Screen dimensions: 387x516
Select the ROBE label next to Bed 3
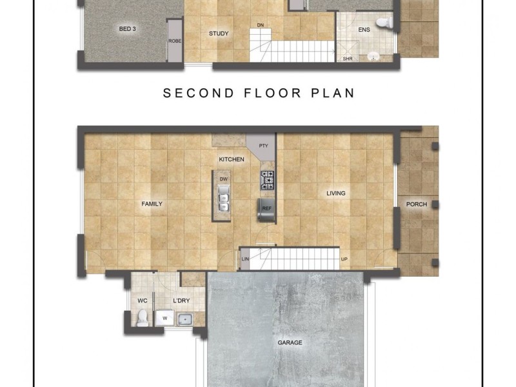tap(175, 41)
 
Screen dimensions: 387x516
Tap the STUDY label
tap(219, 34)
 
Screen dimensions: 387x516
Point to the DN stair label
tap(261, 25)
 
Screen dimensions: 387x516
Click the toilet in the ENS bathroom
tap(385, 23)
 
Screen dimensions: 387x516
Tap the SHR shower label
tap(348, 58)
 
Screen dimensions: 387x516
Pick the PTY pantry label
tap(263, 146)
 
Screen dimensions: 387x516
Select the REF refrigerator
tap(266, 208)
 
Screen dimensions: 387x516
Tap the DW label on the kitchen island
tap(223, 179)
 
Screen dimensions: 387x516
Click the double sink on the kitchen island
tap(223, 199)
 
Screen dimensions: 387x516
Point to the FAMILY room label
tap(152, 204)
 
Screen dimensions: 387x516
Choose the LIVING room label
tap(335, 193)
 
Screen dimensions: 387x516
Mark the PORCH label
tap(417, 204)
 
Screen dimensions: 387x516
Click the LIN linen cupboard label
tap(244, 259)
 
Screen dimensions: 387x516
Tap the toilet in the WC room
tap(143, 317)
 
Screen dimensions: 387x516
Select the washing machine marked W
tap(164, 317)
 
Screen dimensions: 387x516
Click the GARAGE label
tap(290, 342)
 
